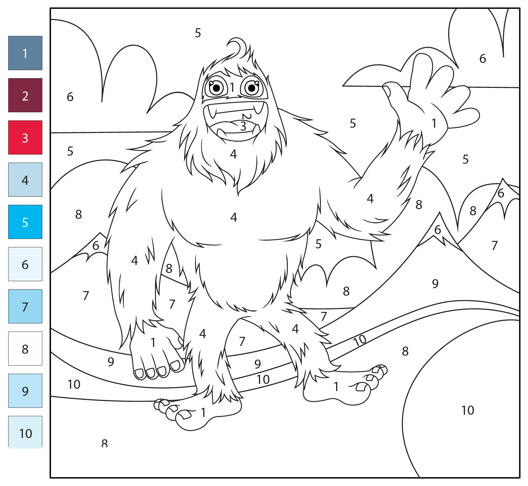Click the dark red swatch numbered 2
(x=25, y=95)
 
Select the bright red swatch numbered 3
(x=25, y=137)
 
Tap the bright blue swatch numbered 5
(x=25, y=222)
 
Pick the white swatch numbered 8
(x=25, y=349)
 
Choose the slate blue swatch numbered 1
(x=25, y=53)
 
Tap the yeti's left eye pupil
(x=217, y=88)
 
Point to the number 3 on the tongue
(x=243, y=126)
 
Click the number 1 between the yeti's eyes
(x=232, y=87)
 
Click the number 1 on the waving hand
(x=434, y=123)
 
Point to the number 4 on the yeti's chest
(x=234, y=217)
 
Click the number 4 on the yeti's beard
(x=233, y=154)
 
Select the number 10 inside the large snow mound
(x=468, y=410)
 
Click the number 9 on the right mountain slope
(x=435, y=284)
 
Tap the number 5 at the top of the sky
(x=198, y=33)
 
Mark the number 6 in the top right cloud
(x=483, y=59)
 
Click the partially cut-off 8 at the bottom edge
(x=104, y=443)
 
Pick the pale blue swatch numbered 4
(x=25, y=180)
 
